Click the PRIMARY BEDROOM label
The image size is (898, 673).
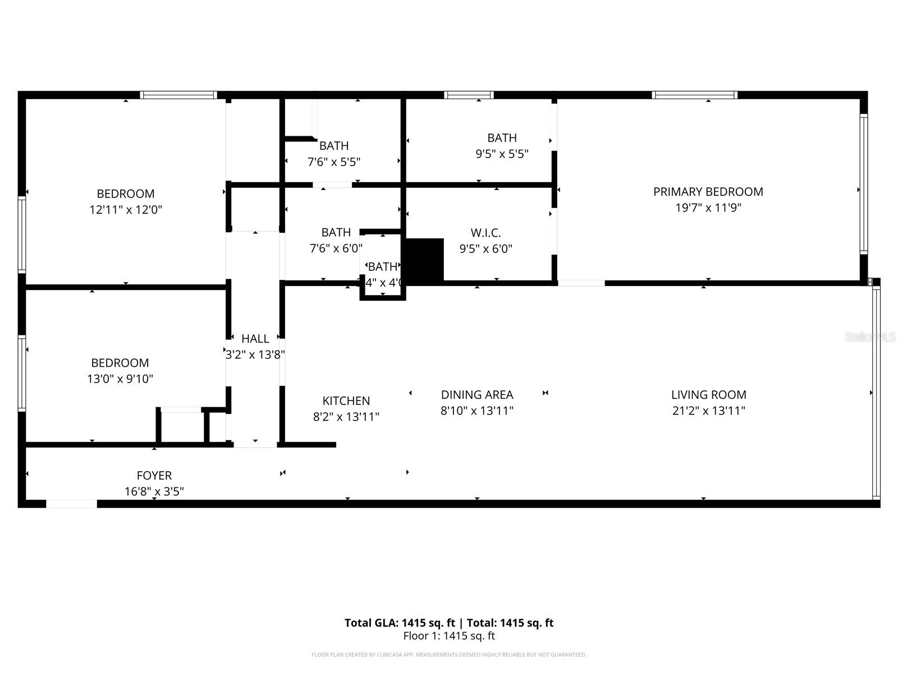pos(708,192)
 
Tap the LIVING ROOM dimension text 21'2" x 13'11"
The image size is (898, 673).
pos(708,411)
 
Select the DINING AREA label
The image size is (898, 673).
pos(477,395)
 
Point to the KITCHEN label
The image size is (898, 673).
pos(346,401)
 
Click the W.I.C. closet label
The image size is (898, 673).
pos(485,233)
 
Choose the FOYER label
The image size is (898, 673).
pos(154,476)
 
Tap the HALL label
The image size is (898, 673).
pos(255,339)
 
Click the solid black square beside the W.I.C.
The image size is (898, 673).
pos(424,260)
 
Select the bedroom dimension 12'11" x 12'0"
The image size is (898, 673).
pos(125,210)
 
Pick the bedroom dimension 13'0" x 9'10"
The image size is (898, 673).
pos(120,379)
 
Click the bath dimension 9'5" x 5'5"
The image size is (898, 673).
pos(502,154)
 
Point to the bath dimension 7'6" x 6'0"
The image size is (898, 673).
pos(336,248)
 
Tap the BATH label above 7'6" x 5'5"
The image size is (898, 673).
pos(334,146)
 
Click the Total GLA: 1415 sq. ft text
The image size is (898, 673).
pos(400,623)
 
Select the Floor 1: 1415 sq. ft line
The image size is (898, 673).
pos(449,636)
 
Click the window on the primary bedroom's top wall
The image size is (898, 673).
pos(694,95)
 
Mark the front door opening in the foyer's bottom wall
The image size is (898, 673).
pos(71,504)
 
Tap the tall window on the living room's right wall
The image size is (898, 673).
pos(876,393)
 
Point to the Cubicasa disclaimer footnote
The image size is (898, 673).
pos(449,654)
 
